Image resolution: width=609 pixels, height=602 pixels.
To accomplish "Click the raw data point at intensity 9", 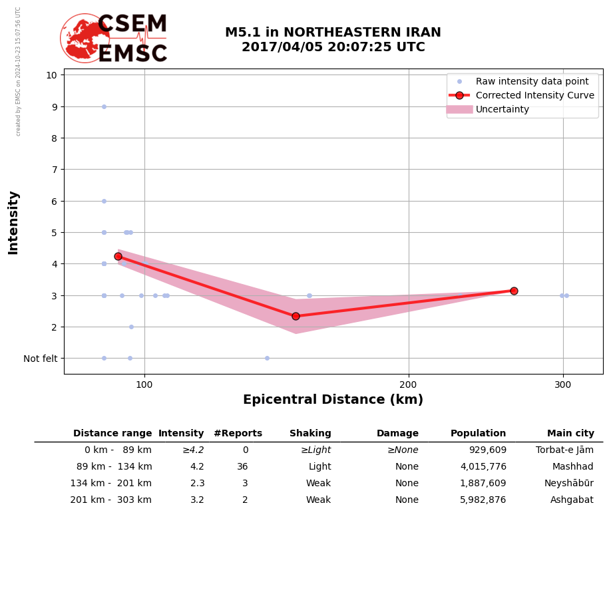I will (104, 106).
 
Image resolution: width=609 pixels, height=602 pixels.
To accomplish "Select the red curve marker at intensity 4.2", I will (118, 256).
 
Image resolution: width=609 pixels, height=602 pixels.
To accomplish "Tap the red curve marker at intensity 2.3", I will (296, 316).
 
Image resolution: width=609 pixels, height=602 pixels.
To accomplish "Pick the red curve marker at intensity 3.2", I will (514, 291).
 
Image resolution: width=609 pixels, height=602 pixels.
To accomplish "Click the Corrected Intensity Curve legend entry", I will (534, 95).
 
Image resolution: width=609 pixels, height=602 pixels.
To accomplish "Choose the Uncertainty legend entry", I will (502, 109).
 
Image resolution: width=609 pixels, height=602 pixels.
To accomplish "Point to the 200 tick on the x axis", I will (408, 384).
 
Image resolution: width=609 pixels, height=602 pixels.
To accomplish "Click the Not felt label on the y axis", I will (41, 359).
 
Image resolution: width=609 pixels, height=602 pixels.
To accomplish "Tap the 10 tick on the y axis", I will (51, 75).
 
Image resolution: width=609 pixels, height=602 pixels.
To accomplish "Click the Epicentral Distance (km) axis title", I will (333, 400).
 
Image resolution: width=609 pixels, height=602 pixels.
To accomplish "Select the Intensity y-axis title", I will (13, 222).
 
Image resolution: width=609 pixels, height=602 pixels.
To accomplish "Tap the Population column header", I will (478, 434).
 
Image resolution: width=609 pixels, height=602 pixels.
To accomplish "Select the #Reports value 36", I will (242, 467).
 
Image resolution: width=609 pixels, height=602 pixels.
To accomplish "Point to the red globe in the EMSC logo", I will (84, 39).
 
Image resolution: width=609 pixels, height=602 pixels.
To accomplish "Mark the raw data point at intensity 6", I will (104, 201).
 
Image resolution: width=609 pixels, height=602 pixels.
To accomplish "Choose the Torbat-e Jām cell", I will (564, 450).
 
